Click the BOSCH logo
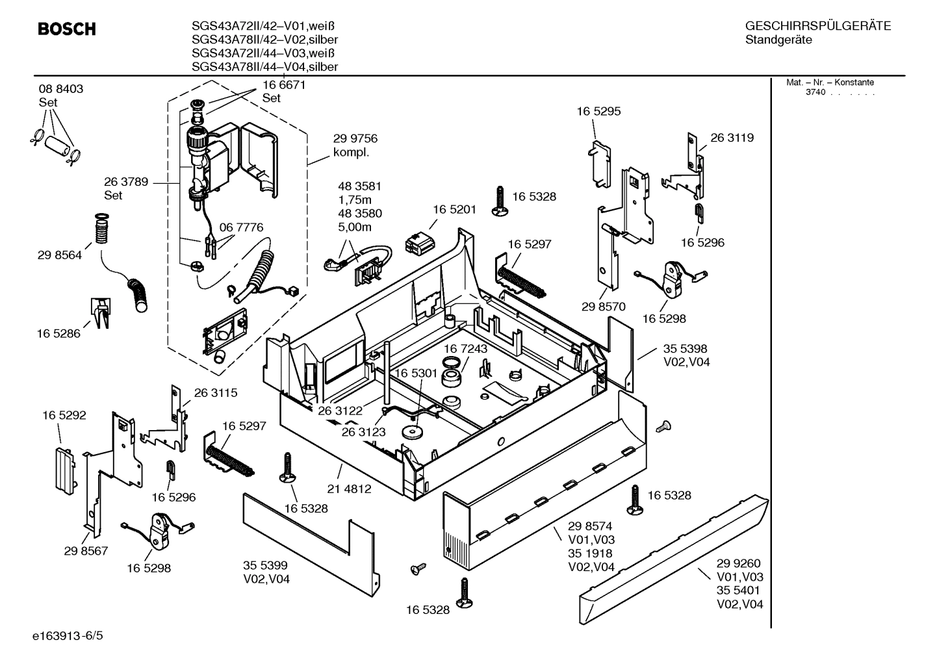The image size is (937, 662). click(67, 29)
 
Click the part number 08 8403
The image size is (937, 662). click(61, 89)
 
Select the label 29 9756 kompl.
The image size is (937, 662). click(355, 146)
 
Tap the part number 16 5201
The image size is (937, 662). click(454, 209)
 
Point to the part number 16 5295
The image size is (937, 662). click(598, 111)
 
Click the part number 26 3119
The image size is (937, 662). click(732, 138)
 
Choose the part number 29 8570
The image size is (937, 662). click(603, 307)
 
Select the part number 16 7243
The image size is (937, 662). click(465, 349)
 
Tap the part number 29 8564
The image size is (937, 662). click(60, 255)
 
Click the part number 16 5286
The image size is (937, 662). click(58, 333)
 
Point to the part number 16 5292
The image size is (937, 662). click(64, 415)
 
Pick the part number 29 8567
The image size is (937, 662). click(86, 551)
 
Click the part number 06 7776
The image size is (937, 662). click(241, 227)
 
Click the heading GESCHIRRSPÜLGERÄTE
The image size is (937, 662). click(817, 26)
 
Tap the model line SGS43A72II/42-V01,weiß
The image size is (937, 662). click(263, 26)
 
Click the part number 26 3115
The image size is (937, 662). click(216, 392)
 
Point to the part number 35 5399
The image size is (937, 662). click(265, 565)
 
